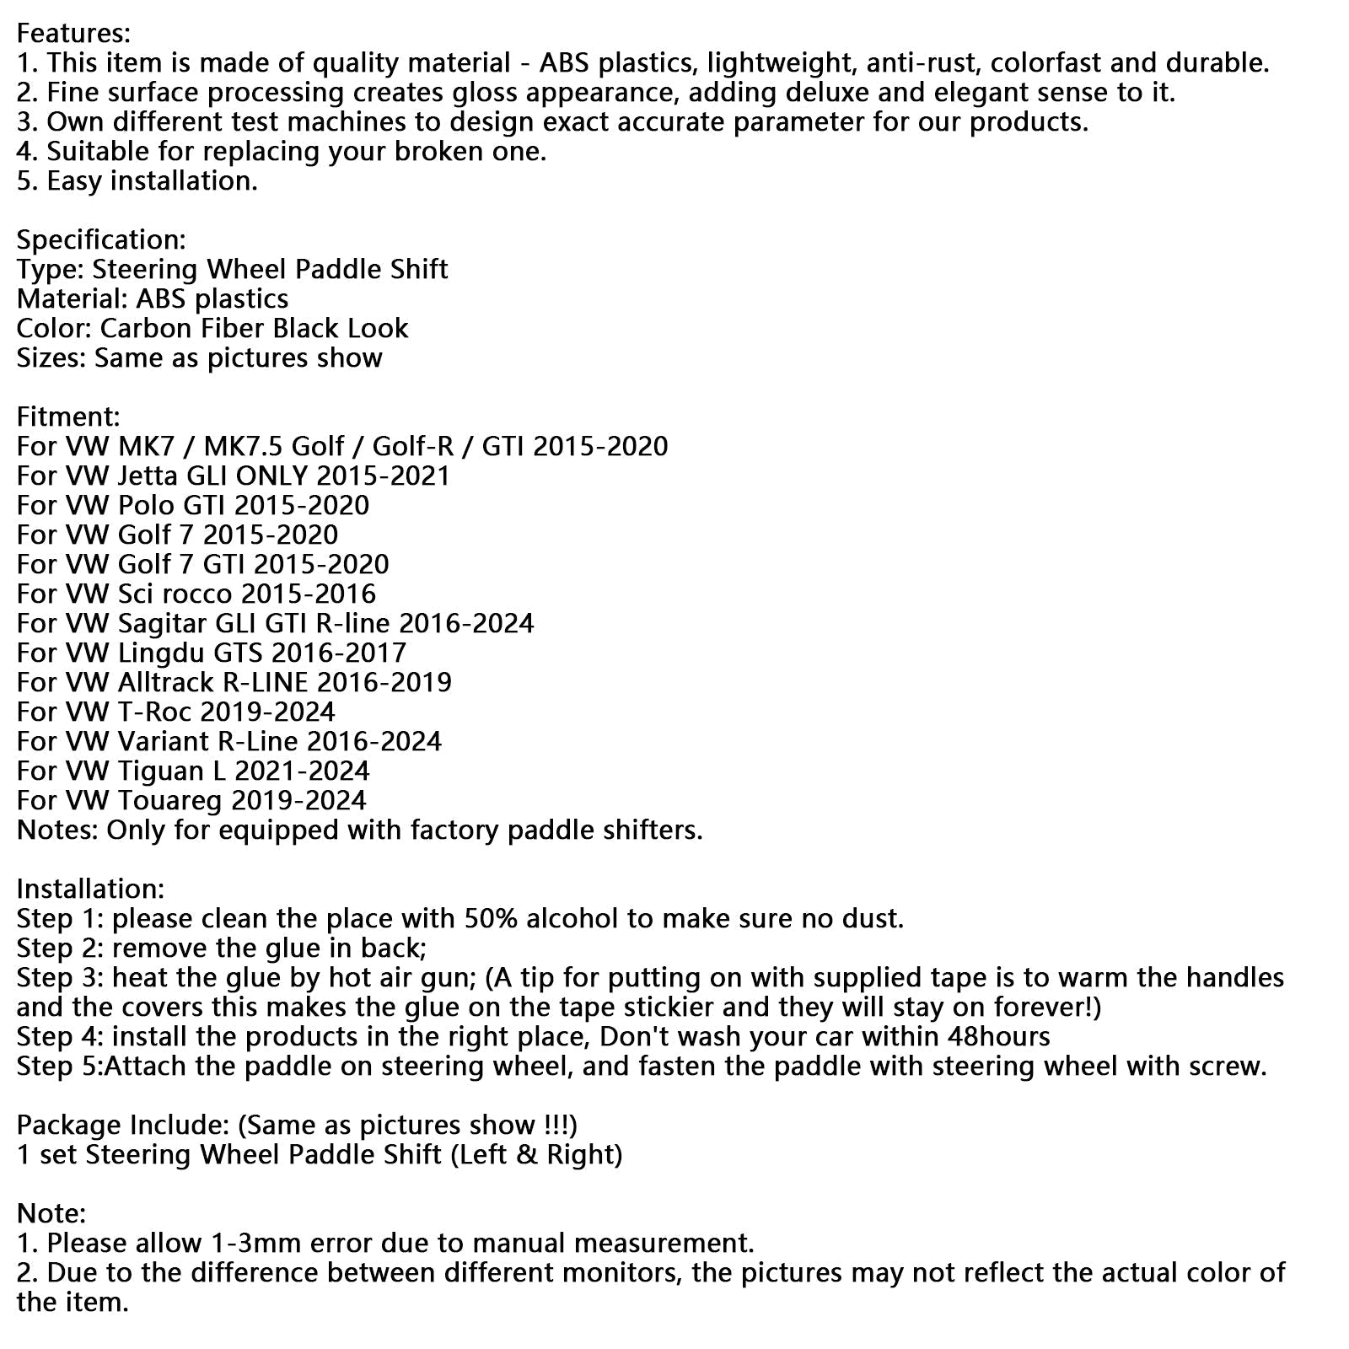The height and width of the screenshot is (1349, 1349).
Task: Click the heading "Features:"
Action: point(73,33)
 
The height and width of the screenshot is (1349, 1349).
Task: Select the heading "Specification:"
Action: point(101,239)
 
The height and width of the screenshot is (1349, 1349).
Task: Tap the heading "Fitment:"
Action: point(68,417)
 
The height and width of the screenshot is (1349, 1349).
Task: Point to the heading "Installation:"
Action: point(90,889)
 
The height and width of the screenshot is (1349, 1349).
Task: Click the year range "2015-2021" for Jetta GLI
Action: point(384,476)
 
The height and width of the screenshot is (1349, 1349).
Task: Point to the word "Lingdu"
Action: point(165,653)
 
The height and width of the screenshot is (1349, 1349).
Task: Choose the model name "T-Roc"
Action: point(155,712)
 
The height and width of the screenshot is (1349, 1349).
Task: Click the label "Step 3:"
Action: point(60,977)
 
